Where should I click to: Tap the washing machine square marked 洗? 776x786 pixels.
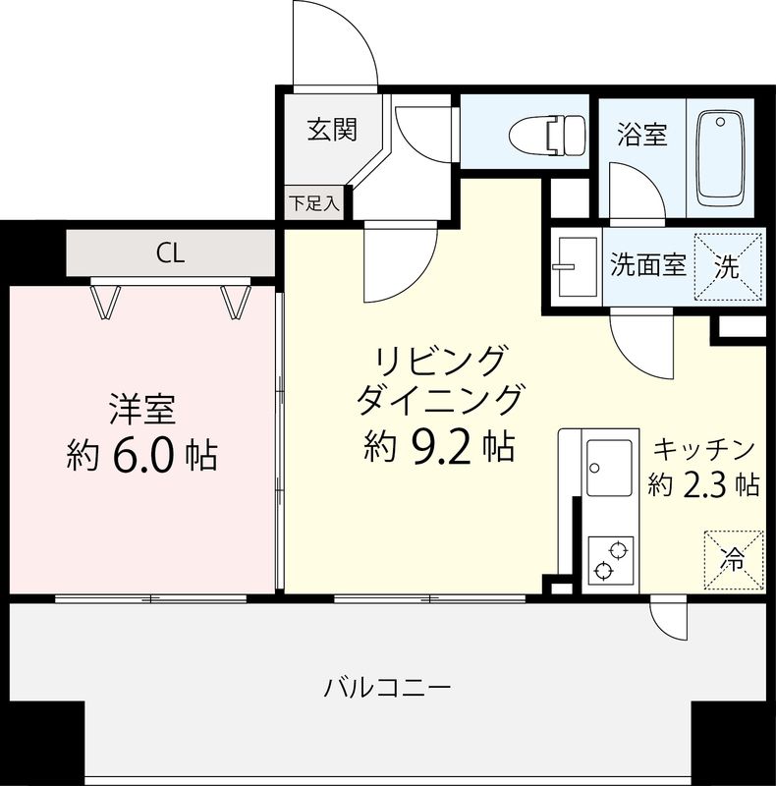pyautogui.click(x=729, y=265)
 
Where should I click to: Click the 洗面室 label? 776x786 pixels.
pyautogui.click(x=648, y=265)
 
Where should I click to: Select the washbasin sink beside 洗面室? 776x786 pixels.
pyautogui.click(x=576, y=266)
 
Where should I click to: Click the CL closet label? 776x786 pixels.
pyautogui.click(x=170, y=253)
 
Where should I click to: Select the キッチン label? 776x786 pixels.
pyautogui.click(x=704, y=449)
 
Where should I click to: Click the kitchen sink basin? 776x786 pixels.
pyautogui.click(x=609, y=468)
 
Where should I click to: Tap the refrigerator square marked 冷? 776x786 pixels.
pyautogui.click(x=734, y=559)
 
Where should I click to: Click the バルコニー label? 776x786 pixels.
pyautogui.click(x=388, y=686)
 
